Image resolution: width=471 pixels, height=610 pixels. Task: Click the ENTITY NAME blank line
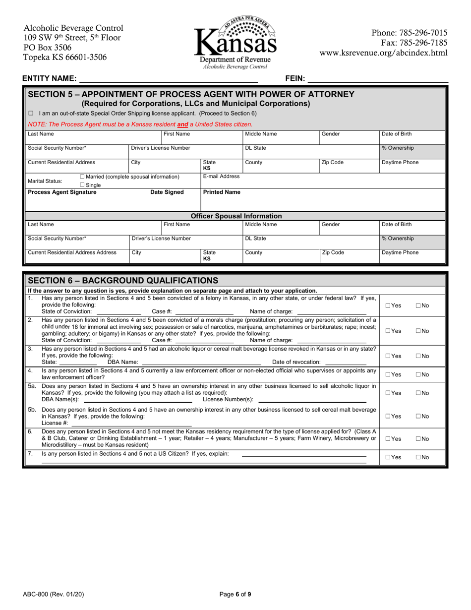click(x=169, y=78)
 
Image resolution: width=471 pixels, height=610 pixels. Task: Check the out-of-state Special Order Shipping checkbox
click(x=31, y=114)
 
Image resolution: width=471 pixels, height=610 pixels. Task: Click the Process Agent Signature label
click(x=62, y=192)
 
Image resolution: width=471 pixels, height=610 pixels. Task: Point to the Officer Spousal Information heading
click(x=236, y=216)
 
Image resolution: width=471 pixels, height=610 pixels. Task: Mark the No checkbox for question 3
click(x=418, y=356)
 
